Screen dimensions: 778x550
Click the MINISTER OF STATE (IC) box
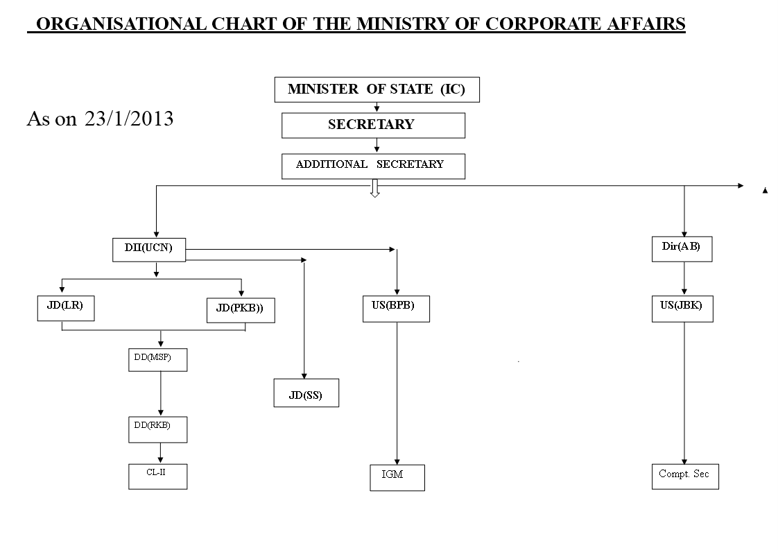pyautogui.click(x=377, y=90)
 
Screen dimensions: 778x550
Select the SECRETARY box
pyautogui.click(x=373, y=126)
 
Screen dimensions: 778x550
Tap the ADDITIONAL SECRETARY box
pyautogui.click(x=373, y=166)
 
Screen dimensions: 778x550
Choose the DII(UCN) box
pyautogui.click(x=149, y=250)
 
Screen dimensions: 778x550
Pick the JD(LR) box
pyautogui.click(x=66, y=308)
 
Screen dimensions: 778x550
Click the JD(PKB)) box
pyautogui.click(x=241, y=310)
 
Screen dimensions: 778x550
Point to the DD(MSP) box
pyautogui.click(x=158, y=360)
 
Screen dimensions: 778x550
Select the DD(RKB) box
pyautogui.click(x=158, y=430)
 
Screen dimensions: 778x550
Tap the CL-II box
pyautogui.click(x=158, y=476)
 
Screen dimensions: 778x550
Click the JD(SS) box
pyautogui.click(x=306, y=393)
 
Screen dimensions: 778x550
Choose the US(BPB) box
pyautogui.click(x=396, y=309)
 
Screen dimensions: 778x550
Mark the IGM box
pyautogui.click(x=397, y=478)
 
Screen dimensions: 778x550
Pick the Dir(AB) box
pyautogui.click(x=682, y=249)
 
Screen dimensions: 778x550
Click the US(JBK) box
pyautogui.click(x=682, y=309)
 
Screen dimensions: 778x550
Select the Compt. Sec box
pyautogui.click(x=685, y=476)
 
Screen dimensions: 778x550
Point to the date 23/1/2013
pyautogui.click(x=129, y=119)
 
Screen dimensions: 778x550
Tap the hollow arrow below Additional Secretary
pyautogui.click(x=375, y=189)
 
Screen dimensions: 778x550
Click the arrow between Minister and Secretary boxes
pyautogui.click(x=377, y=108)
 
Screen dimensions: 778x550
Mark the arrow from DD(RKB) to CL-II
pyautogui.click(x=160, y=453)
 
